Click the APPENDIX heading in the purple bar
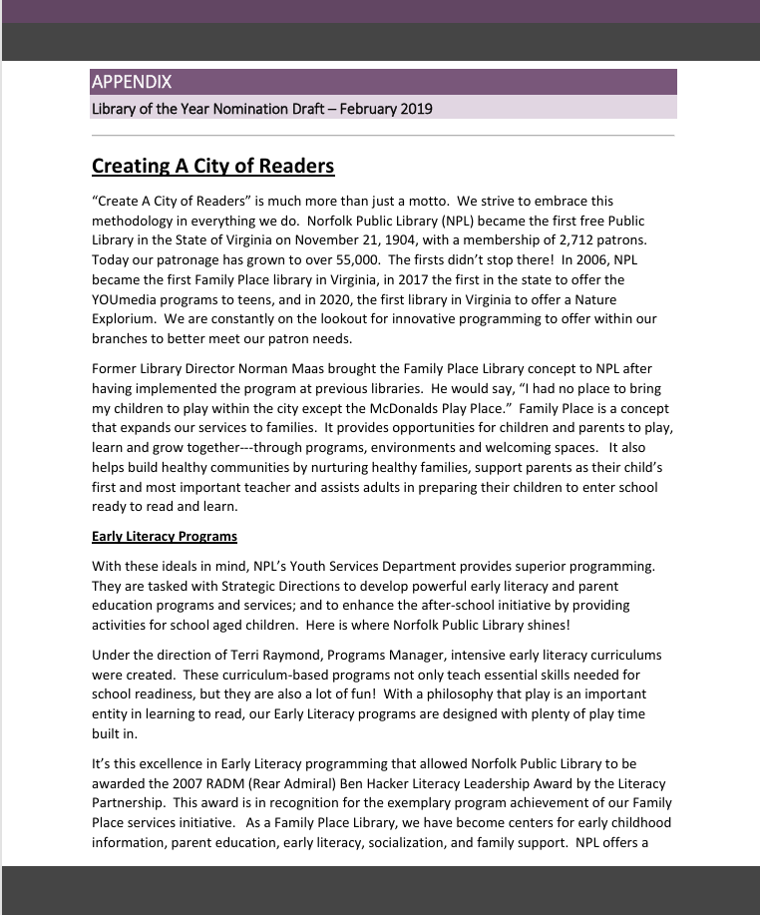point(131,82)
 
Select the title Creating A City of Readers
point(212,166)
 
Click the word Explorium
point(125,318)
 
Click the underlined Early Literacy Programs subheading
point(165,537)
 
